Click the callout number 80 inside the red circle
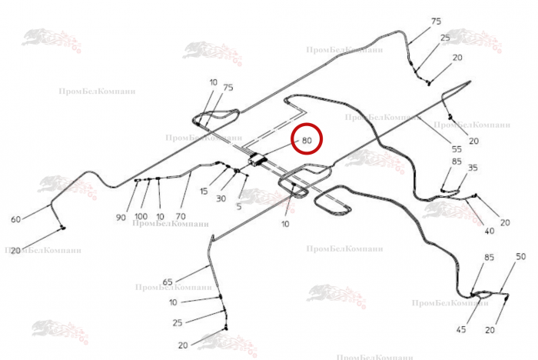307,140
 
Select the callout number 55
457,149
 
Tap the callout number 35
473,168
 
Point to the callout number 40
490,231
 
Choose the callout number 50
521,256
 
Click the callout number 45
461,329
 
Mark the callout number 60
16,219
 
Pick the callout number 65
168,282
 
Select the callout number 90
121,218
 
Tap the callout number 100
141,216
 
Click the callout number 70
181,216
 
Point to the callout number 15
204,191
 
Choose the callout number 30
221,198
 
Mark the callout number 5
239,207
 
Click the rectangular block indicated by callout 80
257,160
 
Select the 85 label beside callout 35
457,161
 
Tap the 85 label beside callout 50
490,257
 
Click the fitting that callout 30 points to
237,171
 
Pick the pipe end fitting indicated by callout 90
137,180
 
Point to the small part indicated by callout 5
247,175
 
